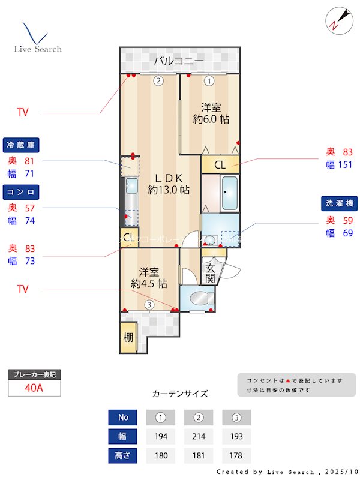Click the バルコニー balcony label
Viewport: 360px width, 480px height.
pyautogui.click(x=178, y=61)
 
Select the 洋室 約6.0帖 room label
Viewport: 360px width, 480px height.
pyautogui.click(x=211, y=113)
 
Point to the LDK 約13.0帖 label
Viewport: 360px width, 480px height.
pyautogui.click(x=169, y=184)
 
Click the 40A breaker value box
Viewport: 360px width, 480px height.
pyautogui.click(x=34, y=388)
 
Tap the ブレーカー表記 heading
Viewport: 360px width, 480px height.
pyautogui.click(x=34, y=374)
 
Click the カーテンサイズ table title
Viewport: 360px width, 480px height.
pyautogui.click(x=180, y=394)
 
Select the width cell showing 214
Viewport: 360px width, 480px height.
pyautogui.click(x=199, y=436)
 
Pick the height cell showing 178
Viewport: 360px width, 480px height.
pyautogui.click(x=236, y=455)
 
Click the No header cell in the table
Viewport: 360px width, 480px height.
pyautogui.click(x=123, y=417)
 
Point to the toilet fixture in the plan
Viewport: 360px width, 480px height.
pyautogui.click(x=197, y=298)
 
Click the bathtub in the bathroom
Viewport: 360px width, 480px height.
pyautogui.click(x=229, y=193)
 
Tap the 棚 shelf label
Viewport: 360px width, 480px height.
pyautogui.click(x=128, y=337)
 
